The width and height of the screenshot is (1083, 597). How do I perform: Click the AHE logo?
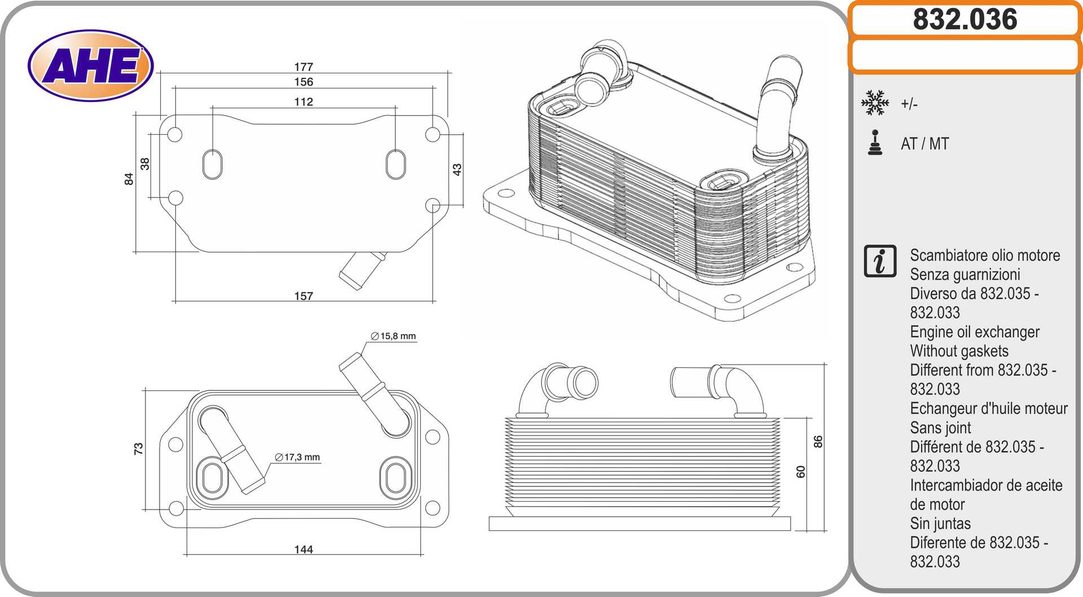coord(90,65)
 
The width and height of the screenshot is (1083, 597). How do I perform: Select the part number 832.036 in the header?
coord(965,19)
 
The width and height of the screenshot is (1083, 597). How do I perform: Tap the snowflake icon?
coord(875,103)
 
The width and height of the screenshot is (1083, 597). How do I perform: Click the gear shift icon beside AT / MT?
coord(875,142)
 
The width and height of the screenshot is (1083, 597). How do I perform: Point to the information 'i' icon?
coord(880,261)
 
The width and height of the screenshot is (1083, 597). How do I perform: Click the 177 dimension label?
coord(303,67)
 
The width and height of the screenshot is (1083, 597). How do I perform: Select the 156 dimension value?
coord(303,82)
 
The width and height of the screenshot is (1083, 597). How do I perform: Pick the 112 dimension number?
coord(303,102)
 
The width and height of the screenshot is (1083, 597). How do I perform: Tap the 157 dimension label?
coord(303,296)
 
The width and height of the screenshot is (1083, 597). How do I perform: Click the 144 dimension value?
coord(303,549)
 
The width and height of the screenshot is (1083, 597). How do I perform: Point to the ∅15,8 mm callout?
coord(393,336)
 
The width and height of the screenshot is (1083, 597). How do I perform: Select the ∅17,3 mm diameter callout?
coord(297,457)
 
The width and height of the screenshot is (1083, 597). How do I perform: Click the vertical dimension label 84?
coord(129,179)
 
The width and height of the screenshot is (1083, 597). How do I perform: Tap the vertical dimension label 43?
coord(457,169)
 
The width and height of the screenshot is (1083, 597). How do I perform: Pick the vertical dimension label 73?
coord(138,449)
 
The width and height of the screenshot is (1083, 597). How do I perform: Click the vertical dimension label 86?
coord(818,441)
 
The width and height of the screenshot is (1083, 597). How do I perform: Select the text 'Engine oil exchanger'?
coord(975,332)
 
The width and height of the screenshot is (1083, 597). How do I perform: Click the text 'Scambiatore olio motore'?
coord(985,255)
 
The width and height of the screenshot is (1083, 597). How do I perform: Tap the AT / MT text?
coord(925,144)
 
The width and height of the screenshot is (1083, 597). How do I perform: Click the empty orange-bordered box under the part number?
coord(965,55)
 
